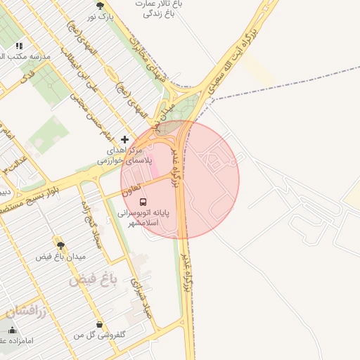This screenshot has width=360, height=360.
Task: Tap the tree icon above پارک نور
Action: coord(99,4)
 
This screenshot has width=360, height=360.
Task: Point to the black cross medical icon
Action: coord(125,139)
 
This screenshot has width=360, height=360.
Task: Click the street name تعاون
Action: coord(131,188)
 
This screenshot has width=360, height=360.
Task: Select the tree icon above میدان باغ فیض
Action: coord(60,245)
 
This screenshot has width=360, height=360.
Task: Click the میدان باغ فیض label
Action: coord(60,257)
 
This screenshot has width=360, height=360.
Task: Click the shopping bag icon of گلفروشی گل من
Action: coord(99,325)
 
